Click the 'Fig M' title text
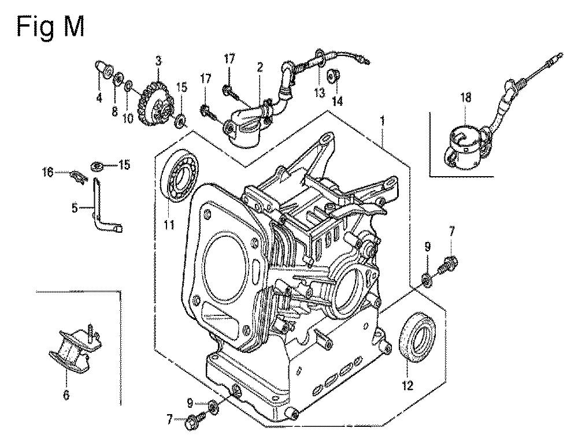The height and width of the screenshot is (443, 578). click(50, 28)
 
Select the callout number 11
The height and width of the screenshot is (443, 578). click(169, 224)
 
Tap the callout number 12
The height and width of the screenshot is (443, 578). click(407, 385)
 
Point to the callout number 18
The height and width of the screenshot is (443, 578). click(465, 98)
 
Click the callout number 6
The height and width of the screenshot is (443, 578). click(66, 395)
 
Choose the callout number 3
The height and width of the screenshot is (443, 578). click(158, 61)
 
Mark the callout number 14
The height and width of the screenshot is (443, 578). click(337, 100)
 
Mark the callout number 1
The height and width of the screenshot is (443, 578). click(383, 121)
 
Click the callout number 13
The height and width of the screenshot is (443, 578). click(319, 92)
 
